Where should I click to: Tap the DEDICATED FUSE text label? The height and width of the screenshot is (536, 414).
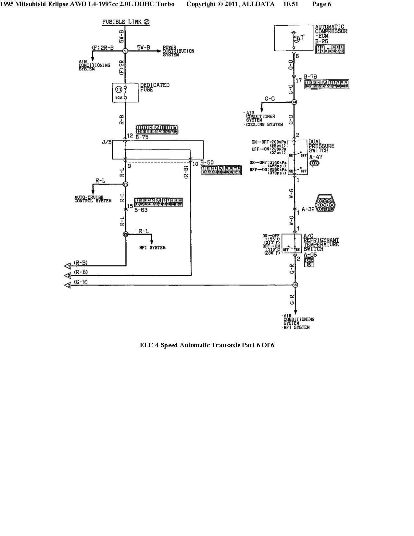pyautogui.click(x=155, y=87)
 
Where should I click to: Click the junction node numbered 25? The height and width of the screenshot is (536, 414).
pyautogui.click(x=126, y=184)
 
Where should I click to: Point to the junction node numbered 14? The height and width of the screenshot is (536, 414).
pyautogui.click(x=294, y=102)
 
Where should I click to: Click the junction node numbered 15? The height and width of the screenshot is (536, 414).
pyautogui.click(x=295, y=285)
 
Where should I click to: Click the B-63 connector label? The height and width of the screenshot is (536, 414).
pyautogui.click(x=141, y=210)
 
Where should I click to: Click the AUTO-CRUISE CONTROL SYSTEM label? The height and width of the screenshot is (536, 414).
pyautogui.click(x=93, y=199)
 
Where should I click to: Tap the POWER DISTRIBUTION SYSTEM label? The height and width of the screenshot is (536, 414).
pyautogui.click(x=178, y=51)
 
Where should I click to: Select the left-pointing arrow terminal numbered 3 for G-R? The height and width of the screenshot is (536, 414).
pyautogui.click(x=68, y=285)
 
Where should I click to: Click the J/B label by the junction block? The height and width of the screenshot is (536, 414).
pyautogui.click(x=107, y=142)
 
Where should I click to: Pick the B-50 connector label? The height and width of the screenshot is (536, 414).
pyautogui.click(x=207, y=162)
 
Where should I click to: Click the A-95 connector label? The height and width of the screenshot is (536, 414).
pyautogui.click(x=310, y=255)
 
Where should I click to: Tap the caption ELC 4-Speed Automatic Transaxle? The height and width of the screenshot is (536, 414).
pyautogui.click(x=207, y=345)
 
